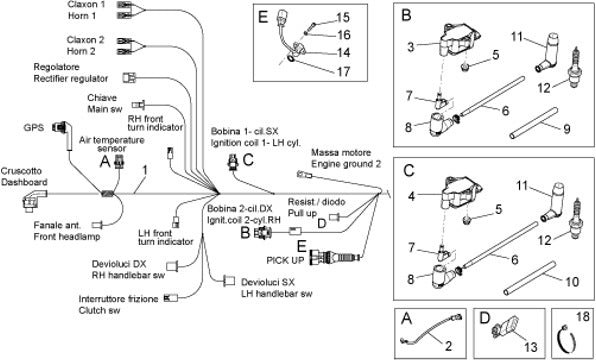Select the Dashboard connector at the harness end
pos(34,200)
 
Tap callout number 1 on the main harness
pos(144,170)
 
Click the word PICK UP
pos(285,260)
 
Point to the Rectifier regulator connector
pos(129,78)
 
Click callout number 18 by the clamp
pos(582,316)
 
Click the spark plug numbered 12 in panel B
pos(575,68)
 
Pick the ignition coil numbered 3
pos(459,42)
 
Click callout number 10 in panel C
pos(572,282)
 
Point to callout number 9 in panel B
pos(566,129)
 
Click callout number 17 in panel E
pos(343,71)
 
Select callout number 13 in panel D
pos(531,346)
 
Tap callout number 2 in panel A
pos(449,346)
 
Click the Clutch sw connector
pos(171,298)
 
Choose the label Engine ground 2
pos(346,164)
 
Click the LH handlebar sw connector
pos(229,281)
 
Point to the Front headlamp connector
pos(98,224)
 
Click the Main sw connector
pos(138,105)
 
